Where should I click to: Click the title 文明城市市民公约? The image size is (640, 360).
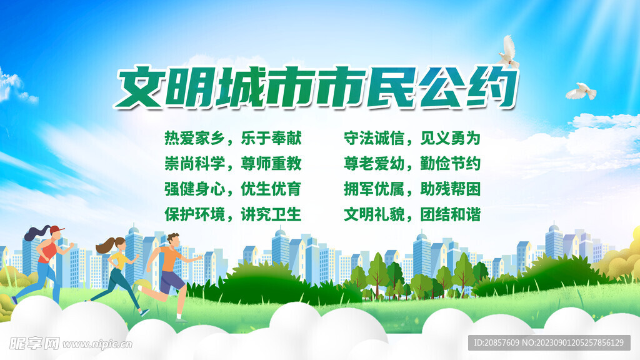click(317, 89)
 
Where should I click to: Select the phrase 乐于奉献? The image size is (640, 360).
click(271, 138)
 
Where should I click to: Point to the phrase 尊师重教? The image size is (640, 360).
click(271, 164)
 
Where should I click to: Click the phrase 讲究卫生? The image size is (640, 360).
click(271, 214)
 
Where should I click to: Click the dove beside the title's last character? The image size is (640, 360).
click(509, 51)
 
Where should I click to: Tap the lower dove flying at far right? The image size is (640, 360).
click(581, 91)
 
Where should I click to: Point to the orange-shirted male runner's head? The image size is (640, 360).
click(174, 239)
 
